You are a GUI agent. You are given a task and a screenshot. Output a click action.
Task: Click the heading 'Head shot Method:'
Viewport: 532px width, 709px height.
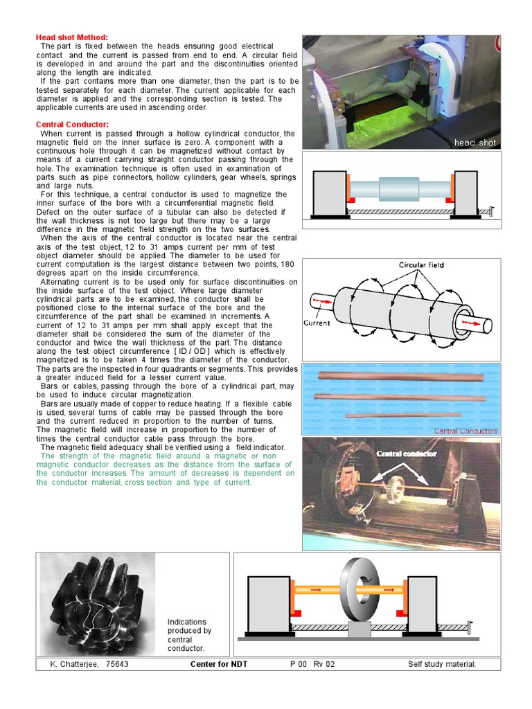pyautogui.click(x=71, y=37)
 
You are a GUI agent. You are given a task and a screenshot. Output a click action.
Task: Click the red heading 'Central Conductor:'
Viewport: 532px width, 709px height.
pyautogui.click(x=72, y=125)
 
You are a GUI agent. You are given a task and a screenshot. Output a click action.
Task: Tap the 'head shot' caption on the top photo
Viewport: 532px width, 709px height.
pyautogui.click(x=475, y=143)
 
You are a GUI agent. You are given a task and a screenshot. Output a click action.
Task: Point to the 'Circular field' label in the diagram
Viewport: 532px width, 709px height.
pyautogui.click(x=421, y=265)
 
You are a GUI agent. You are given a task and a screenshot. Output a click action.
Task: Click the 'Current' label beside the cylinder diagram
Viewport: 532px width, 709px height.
pyautogui.click(x=317, y=323)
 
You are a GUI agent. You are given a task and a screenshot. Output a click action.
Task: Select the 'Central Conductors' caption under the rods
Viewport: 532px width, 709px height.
pyautogui.click(x=465, y=431)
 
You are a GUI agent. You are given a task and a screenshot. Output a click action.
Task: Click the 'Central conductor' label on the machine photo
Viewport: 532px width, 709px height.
pyautogui.click(x=407, y=454)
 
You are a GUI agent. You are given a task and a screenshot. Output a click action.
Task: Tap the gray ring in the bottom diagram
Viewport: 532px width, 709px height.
pyautogui.click(x=357, y=591)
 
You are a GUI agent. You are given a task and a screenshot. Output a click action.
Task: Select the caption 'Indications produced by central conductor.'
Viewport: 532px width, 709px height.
pyautogui.click(x=189, y=635)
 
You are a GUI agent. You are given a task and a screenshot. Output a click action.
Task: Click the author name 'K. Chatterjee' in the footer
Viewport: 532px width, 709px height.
pyautogui.click(x=73, y=665)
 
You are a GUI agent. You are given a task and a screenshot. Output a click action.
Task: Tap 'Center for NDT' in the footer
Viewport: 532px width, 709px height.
pyautogui.click(x=218, y=665)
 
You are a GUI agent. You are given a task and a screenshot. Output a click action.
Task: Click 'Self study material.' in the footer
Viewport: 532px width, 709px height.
pyautogui.click(x=442, y=665)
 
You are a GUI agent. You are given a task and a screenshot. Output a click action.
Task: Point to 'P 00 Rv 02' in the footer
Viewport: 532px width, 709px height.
pyautogui.click(x=312, y=665)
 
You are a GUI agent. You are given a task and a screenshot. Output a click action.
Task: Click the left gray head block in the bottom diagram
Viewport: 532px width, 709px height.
pyautogui.click(x=268, y=603)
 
